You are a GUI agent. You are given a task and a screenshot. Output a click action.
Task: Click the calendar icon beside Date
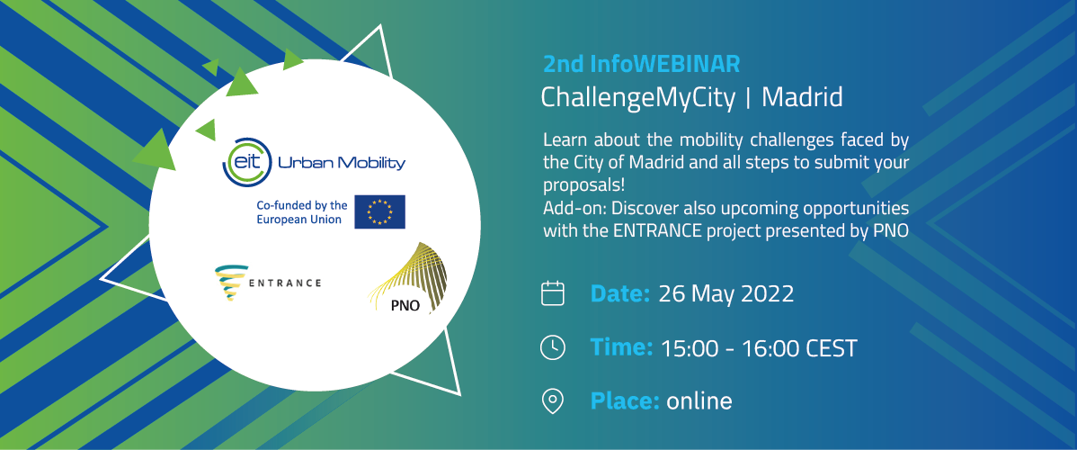click(x=552, y=293)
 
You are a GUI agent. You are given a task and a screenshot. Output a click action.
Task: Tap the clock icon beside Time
click(x=553, y=347)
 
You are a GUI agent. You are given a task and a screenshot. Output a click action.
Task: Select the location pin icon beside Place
click(x=553, y=400)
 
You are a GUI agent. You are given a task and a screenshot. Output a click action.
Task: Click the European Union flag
click(x=380, y=211)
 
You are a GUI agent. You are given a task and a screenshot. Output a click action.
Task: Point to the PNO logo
click(x=408, y=279)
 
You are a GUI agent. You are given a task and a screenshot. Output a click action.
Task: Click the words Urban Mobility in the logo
click(x=342, y=163)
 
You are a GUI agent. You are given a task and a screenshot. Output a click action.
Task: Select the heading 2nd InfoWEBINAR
click(x=642, y=65)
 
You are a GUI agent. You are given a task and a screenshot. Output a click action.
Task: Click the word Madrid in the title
click(x=802, y=98)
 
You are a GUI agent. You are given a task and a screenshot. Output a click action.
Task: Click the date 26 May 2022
click(x=726, y=294)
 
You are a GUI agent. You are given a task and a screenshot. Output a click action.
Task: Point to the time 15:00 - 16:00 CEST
click(x=759, y=348)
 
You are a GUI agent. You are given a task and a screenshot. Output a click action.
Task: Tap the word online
click(x=699, y=401)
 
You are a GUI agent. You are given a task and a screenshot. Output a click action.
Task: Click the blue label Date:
click(x=620, y=294)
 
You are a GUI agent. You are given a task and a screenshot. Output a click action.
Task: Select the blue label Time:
click(x=621, y=347)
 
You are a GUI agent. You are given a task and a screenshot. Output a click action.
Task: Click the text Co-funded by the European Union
click(x=301, y=211)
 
